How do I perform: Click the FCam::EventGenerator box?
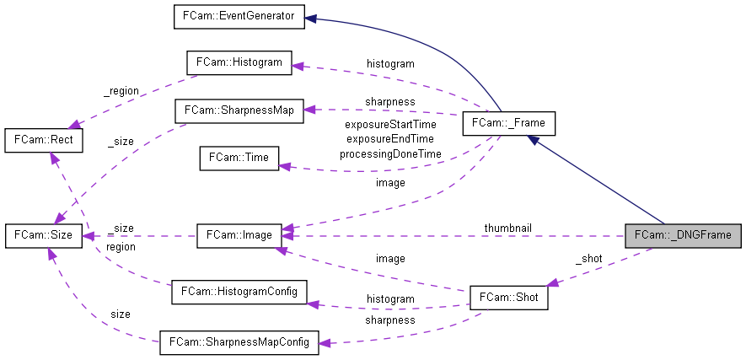(239, 16)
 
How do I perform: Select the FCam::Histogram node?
(239, 63)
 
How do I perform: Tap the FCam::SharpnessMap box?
(238, 110)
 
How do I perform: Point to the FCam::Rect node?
(43, 140)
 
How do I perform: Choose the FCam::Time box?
(239, 158)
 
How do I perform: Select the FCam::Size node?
(43, 235)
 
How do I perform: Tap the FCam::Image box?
(239, 235)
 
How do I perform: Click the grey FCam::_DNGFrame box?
(684, 234)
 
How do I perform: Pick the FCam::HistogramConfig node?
(239, 292)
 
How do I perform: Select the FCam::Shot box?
(508, 298)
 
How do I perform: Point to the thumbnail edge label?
(507, 228)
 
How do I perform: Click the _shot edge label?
(588, 259)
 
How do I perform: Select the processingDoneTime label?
(389, 154)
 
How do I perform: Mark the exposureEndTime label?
(389, 140)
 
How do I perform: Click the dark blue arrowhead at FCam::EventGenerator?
(310, 18)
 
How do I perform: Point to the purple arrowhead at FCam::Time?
(286, 167)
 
